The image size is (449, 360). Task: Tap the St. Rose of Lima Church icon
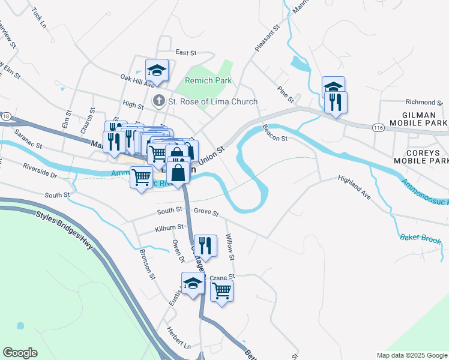[159, 101]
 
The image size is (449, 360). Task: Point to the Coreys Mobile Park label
[421, 157]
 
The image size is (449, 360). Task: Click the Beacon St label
[276, 133]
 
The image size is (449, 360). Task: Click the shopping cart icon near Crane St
[222, 290]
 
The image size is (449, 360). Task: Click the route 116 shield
[378, 128]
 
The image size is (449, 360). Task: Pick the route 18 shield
[5, 115]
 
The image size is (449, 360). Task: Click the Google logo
[20, 353]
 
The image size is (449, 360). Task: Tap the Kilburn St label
[152, 228]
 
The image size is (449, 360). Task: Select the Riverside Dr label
[40, 171]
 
